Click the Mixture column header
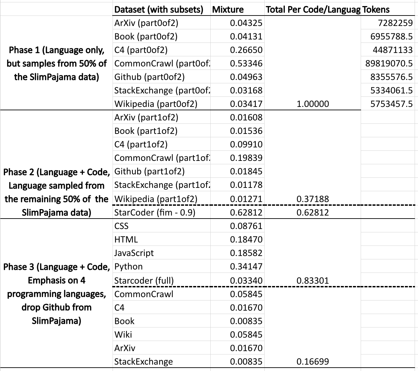[x=228, y=9]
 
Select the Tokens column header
[x=376, y=9]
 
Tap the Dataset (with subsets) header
[x=159, y=9]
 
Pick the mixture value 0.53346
[x=246, y=63]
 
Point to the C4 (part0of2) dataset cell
[x=141, y=50]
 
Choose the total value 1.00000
[x=312, y=104]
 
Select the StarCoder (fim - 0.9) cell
[x=155, y=212]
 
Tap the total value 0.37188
[x=312, y=199]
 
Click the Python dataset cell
[x=128, y=266]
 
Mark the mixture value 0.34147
[x=246, y=266]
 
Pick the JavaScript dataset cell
[x=134, y=253]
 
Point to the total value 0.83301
[x=312, y=281]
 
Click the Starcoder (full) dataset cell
[x=144, y=281]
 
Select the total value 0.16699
[x=312, y=362]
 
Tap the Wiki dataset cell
[x=123, y=335]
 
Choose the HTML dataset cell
[x=126, y=239]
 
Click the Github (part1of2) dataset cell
[x=149, y=171]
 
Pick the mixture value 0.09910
[x=246, y=144]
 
